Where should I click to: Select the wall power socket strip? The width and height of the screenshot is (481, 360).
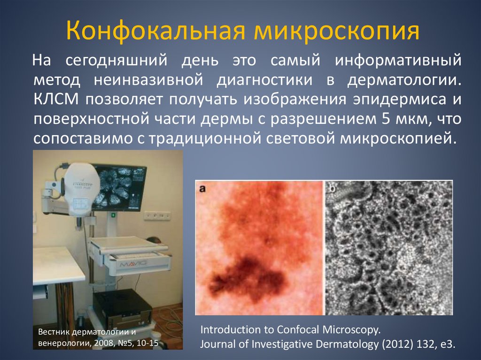click(x=157, y=215)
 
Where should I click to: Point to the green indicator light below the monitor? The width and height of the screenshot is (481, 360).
click(x=113, y=215)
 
